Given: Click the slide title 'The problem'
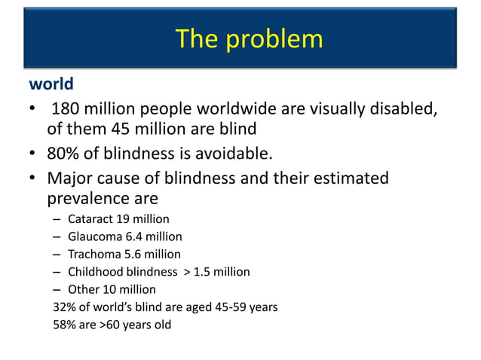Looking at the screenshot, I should (249, 38).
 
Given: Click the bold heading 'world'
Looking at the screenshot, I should (51, 82).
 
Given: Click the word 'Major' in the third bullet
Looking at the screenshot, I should (69, 179).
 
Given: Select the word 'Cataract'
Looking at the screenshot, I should (90, 219).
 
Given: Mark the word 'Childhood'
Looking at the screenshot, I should (95, 272).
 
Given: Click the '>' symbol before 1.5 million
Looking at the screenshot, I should (187, 272).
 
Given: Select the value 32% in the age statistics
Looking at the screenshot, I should (64, 307).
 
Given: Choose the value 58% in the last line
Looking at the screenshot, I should (64, 325).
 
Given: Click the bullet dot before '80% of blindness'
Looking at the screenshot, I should (35, 155).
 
